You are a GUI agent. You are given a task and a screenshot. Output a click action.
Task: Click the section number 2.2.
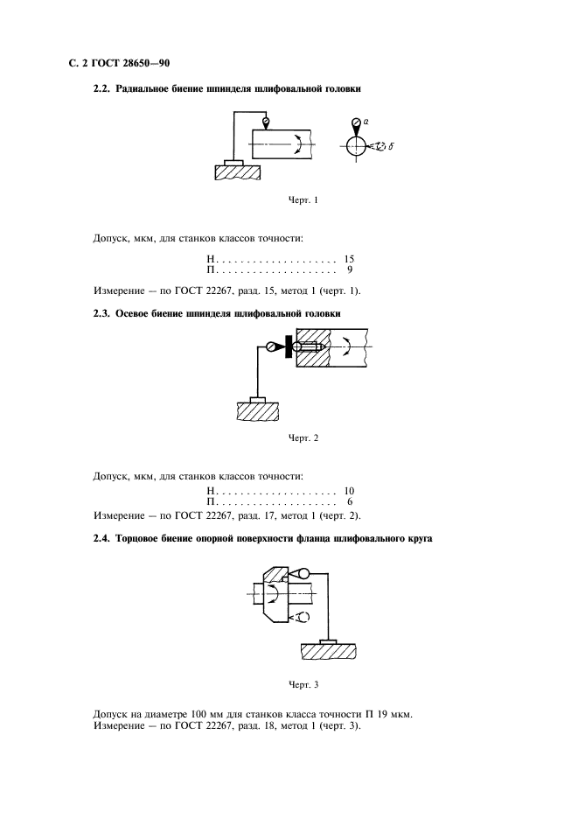[101, 88]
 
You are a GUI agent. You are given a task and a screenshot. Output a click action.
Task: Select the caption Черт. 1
[303, 200]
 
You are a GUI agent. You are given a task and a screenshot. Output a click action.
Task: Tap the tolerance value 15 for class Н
[349, 258]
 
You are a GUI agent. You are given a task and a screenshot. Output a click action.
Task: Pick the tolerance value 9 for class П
[350, 269]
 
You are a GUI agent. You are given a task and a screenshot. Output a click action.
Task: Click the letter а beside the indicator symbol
[366, 121]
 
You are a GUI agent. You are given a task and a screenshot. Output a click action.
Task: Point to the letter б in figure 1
[391, 146]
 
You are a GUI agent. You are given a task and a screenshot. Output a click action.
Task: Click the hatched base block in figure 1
[238, 172]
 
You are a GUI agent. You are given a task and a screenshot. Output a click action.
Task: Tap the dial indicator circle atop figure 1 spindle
[266, 122]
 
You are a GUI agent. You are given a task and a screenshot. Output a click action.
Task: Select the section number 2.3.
[101, 314]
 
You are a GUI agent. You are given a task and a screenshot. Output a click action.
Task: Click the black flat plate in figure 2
[288, 346]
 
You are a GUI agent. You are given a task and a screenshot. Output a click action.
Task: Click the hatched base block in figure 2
[257, 411]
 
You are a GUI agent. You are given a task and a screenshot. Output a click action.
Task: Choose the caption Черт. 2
[303, 438]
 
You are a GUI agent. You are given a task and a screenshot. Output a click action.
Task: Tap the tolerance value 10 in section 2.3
[349, 491]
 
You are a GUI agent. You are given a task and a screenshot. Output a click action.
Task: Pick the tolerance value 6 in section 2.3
[350, 501]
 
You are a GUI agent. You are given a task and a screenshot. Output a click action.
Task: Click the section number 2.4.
[101, 538]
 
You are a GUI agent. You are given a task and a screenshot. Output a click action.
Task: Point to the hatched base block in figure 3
[329, 651]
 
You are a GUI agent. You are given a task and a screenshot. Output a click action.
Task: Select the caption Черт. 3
[303, 685]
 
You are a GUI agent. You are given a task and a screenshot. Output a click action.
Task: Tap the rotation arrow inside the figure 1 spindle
[299, 143]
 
